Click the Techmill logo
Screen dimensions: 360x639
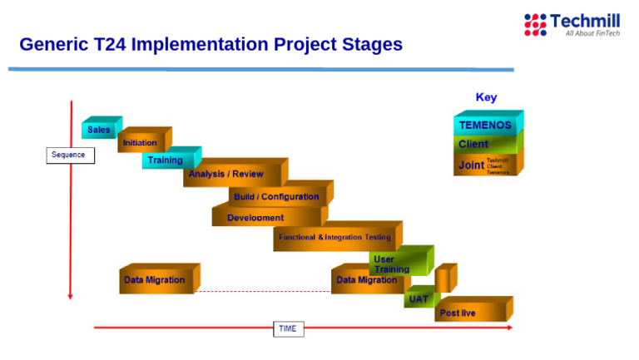tap(571, 24)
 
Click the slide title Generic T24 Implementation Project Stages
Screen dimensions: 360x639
tap(211, 44)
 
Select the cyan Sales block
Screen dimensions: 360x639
tap(100, 130)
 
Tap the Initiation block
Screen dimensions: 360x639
tap(141, 142)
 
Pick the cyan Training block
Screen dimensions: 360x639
tap(167, 160)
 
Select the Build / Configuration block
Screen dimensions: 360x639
tap(277, 196)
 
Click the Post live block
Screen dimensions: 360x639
tap(468, 312)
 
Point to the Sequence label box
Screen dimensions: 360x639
tap(70, 155)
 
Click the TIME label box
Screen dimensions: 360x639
tap(287, 328)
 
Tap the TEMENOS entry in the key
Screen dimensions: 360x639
tap(486, 125)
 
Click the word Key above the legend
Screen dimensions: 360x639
tap(486, 97)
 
